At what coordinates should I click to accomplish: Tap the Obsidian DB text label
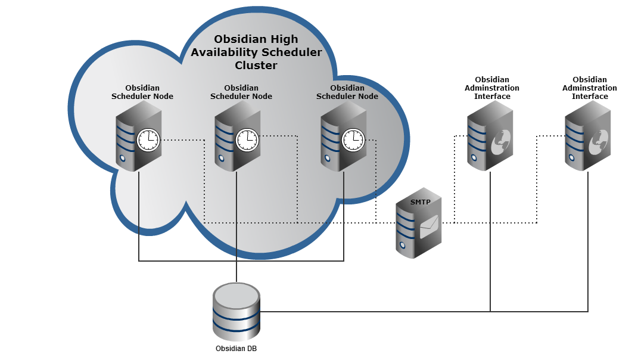point(236,349)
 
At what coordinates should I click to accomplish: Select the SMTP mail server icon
point(419,229)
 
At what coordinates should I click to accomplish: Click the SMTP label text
point(420,203)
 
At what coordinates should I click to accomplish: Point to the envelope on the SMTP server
point(429,227)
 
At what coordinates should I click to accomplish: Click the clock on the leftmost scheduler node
point(148,140)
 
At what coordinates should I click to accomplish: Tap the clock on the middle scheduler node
point(247,140)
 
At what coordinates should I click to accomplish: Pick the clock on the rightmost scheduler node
point(353,140)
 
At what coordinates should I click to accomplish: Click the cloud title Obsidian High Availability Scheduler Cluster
point(256,52)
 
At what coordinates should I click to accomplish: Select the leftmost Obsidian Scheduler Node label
point(142,92)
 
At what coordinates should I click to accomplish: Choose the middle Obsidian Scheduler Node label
point(241,92)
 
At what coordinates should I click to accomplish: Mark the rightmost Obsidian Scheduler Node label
point(347,92)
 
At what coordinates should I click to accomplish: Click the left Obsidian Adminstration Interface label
point(492,88)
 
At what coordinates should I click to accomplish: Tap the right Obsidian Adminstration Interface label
point(590,88)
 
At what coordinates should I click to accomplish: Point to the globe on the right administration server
point(598,141)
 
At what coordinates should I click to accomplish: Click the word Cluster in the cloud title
point(256,66)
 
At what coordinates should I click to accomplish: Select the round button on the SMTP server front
point(403,245)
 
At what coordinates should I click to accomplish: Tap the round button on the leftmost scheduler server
point(122,159)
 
